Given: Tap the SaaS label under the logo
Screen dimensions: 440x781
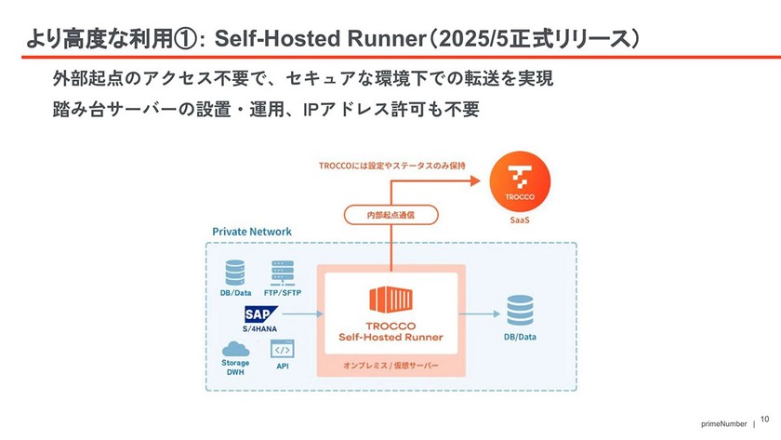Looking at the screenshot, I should pyautogui.click(x=519, y=221).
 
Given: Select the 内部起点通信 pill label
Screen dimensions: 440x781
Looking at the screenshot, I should pyautogui.click(x=391, y=215).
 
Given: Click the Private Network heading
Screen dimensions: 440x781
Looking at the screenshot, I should pyautogui.click(x=252, y=232).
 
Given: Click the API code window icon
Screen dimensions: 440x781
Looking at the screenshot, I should pyautogui.click(x=282, y=349).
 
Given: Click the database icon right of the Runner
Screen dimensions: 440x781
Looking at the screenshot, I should pyautogui.click(x=519, y=311).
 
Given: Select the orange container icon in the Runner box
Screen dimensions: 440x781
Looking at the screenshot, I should pyautogui.click(x=390, y=301).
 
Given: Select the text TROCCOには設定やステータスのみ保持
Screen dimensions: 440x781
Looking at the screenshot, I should pyautogui.click(x=390, y=166).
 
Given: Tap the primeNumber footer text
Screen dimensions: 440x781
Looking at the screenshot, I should pyautogui.click(x=724, y=423).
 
